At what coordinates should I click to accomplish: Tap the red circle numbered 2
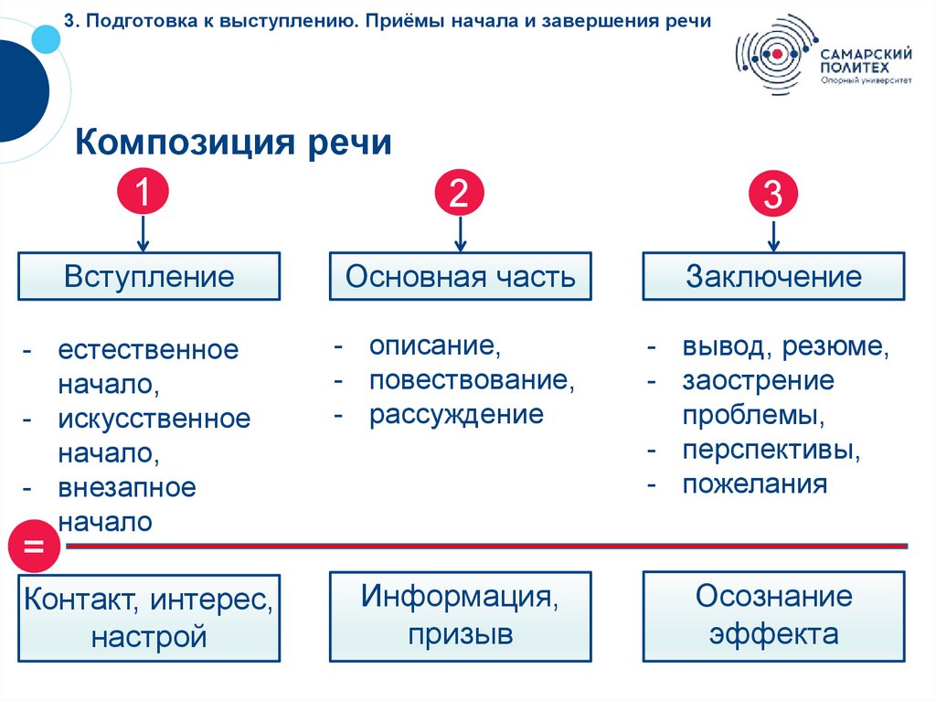(x=460, y=193)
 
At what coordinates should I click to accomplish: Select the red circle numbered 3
(x=773, y=195)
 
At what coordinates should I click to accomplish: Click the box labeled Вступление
(x=149, y=277)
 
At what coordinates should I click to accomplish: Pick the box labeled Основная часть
(x=461, y=277)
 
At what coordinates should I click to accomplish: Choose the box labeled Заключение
(x=773, y=277)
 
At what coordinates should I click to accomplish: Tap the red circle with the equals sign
(x=34, y=547)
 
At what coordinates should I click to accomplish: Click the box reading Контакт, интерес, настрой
(x=149, y=618)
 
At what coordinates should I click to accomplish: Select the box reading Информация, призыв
(x=461, y=615)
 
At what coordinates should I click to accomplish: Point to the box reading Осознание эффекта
(x=773, y=615)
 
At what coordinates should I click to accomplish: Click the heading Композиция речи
(x=233, y=143)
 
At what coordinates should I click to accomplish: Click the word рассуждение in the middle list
(x=456, y=415)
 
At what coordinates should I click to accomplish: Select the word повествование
(x=471, y=380)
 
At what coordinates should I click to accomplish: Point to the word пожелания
(x=754, y=484)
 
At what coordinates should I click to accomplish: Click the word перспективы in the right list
(x=771, y=450)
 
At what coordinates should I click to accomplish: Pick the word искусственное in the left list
(x=154, y=420)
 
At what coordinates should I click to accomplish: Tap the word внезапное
(x=127, y=487)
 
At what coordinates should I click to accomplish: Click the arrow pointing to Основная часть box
(x=460, y=233)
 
